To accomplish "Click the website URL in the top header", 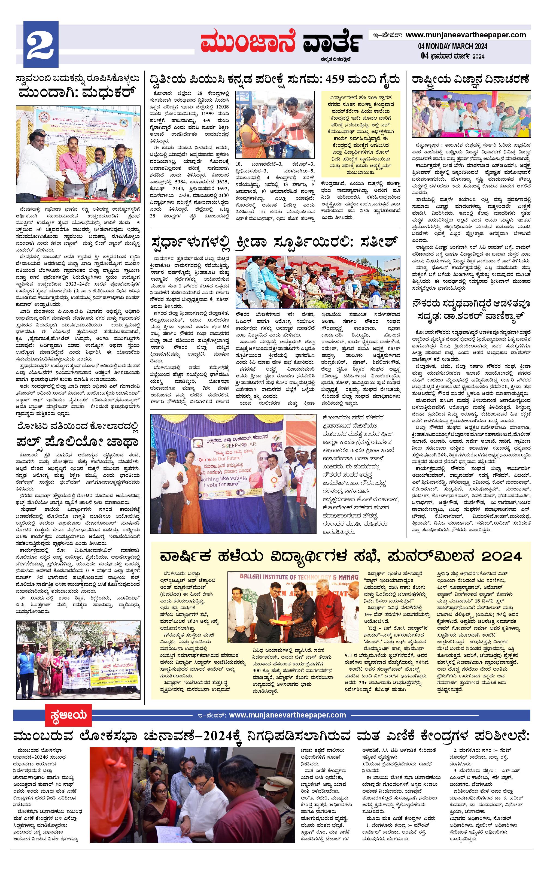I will [466, 35].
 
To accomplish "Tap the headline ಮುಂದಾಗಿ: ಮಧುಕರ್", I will [78, 93].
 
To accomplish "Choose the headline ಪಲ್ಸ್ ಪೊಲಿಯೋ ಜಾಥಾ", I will [78, 442].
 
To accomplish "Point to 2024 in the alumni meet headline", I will [502, 556].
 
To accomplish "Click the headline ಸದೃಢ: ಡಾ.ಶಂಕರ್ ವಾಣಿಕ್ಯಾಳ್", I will [471, 318].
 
